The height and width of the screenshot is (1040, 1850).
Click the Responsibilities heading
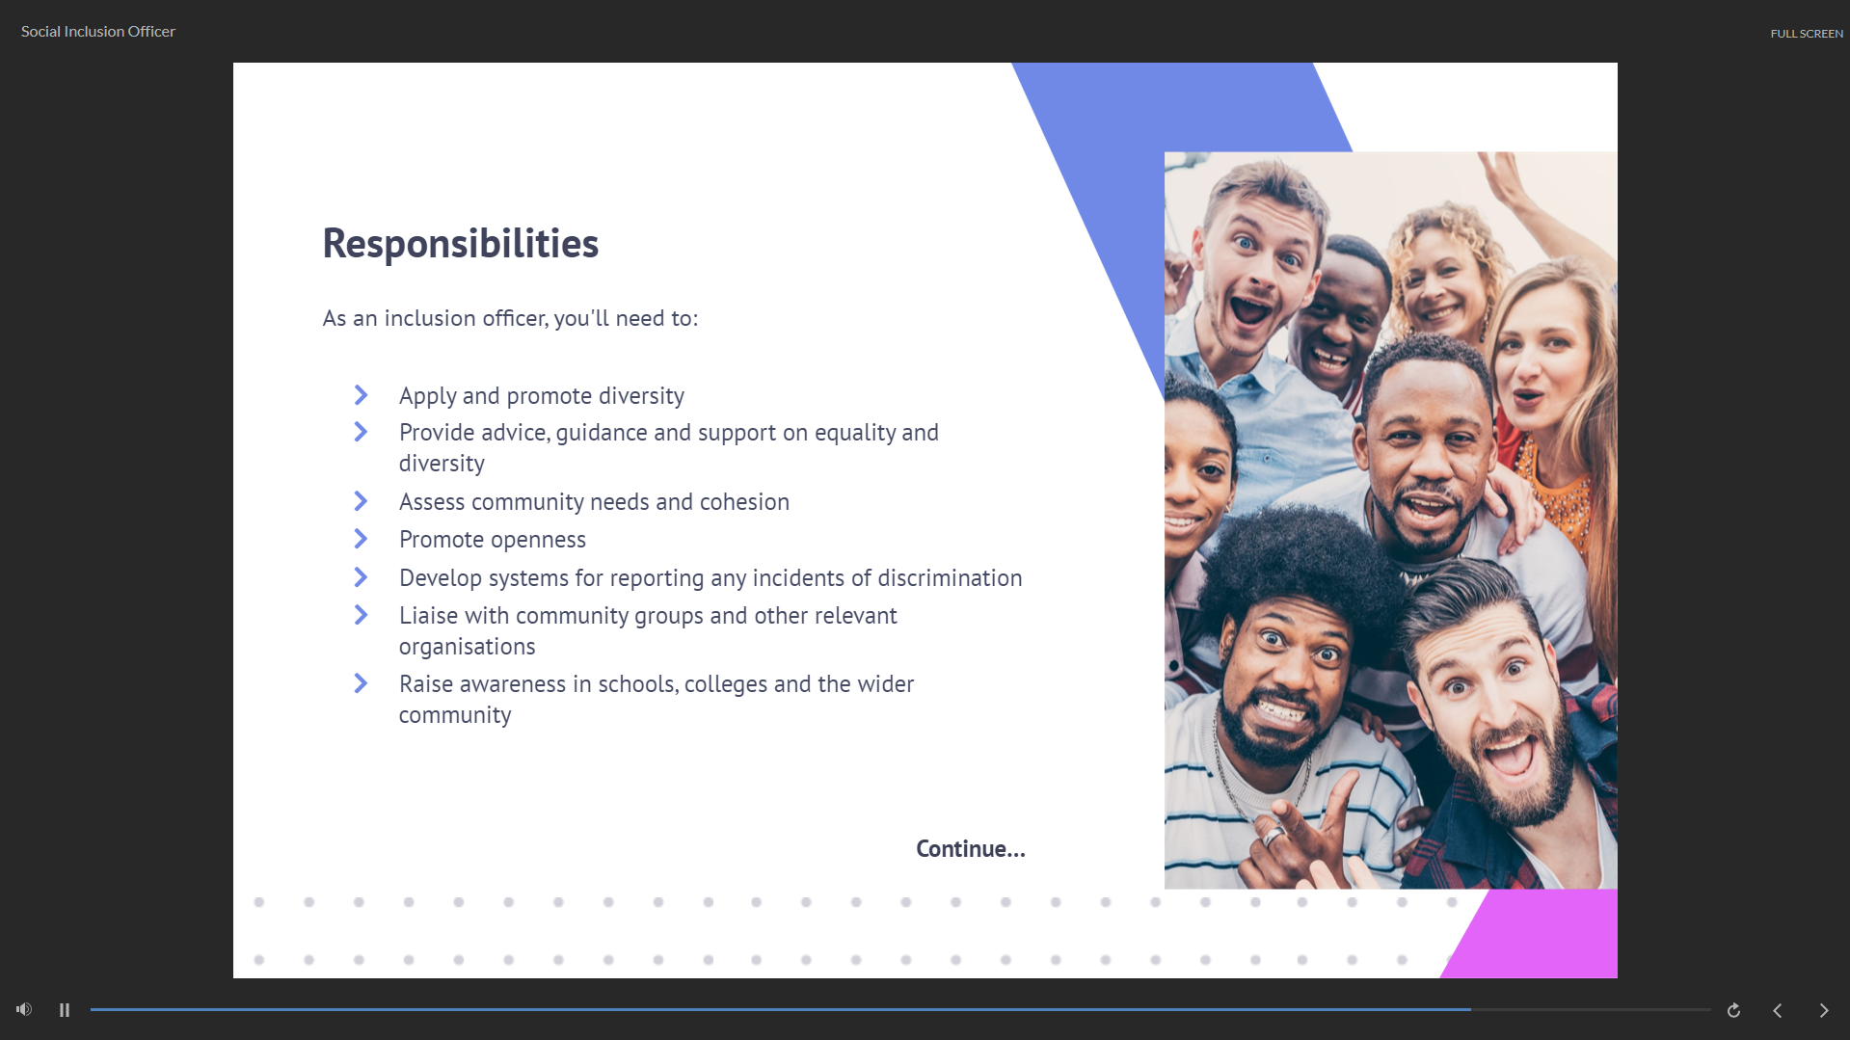click(460, 244)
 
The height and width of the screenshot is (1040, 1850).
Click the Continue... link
click(970, 849)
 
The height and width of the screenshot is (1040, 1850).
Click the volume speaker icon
click(24, 1009)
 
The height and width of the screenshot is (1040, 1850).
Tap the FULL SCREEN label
click(1806, 34)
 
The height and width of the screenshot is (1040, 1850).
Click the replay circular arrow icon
click(1733, 1010)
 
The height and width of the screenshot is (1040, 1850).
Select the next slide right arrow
click(1823, 1010)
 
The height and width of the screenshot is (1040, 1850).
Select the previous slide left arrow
click(1778, 1010)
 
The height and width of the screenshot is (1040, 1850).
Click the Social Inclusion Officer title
click(98, 32)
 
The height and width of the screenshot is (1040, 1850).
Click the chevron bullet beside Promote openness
click(361, 539)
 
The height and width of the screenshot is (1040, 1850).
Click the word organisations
click(467, 647)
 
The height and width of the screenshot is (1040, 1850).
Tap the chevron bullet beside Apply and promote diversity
click(361, 395)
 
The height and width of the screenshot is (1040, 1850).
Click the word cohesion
click(744, 502)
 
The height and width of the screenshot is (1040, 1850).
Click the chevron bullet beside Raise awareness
click(361, 683)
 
